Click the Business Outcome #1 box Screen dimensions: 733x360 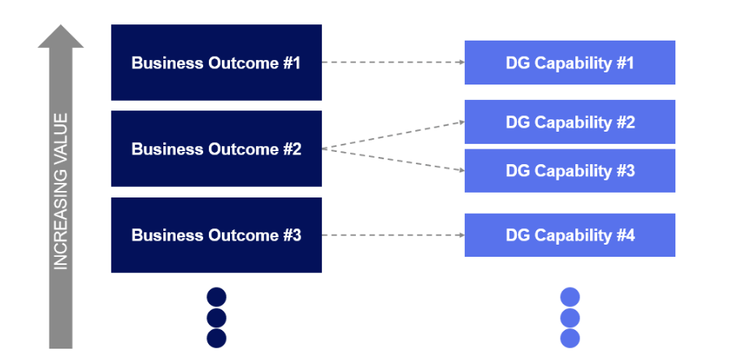point(216,63)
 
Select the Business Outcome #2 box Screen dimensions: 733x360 point(216,149)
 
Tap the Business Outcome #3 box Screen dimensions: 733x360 point(216,235)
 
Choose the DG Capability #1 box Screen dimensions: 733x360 point(570,63)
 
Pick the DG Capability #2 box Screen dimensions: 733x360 point(570,122)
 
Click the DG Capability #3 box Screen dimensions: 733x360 point(570,171)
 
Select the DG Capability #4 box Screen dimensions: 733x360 point(570,235)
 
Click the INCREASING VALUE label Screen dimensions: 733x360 point(61,192)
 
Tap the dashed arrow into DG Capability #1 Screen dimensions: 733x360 point(393,63)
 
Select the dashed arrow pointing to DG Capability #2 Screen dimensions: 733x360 point(393,135)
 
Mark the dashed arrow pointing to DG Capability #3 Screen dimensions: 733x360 point(393,160)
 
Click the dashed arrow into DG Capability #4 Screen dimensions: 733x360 point(393,235)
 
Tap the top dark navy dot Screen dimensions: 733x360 point(216,297)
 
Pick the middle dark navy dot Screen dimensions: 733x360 point(216,318)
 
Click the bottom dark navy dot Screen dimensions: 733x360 point(216,339)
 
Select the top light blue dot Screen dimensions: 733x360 point(570,297)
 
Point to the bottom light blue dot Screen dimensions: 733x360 point(570,339)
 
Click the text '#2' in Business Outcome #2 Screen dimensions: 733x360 point(293,149)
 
